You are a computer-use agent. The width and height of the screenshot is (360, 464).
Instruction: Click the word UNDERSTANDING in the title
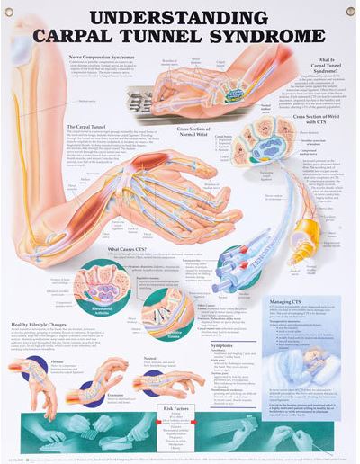pos(180,17)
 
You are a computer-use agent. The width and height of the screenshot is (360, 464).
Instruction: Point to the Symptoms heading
pos(221,345)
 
